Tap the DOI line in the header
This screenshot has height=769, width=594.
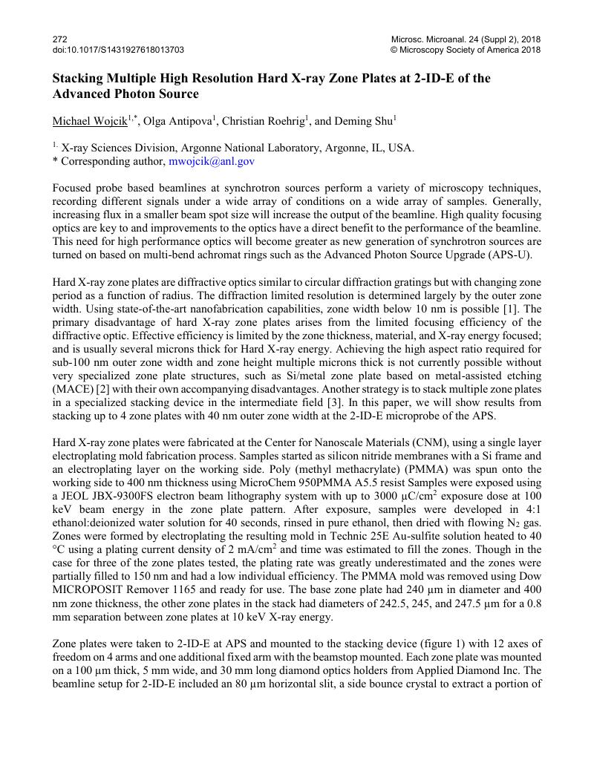click(119, 50)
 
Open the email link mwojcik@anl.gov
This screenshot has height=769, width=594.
click(212, 160)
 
